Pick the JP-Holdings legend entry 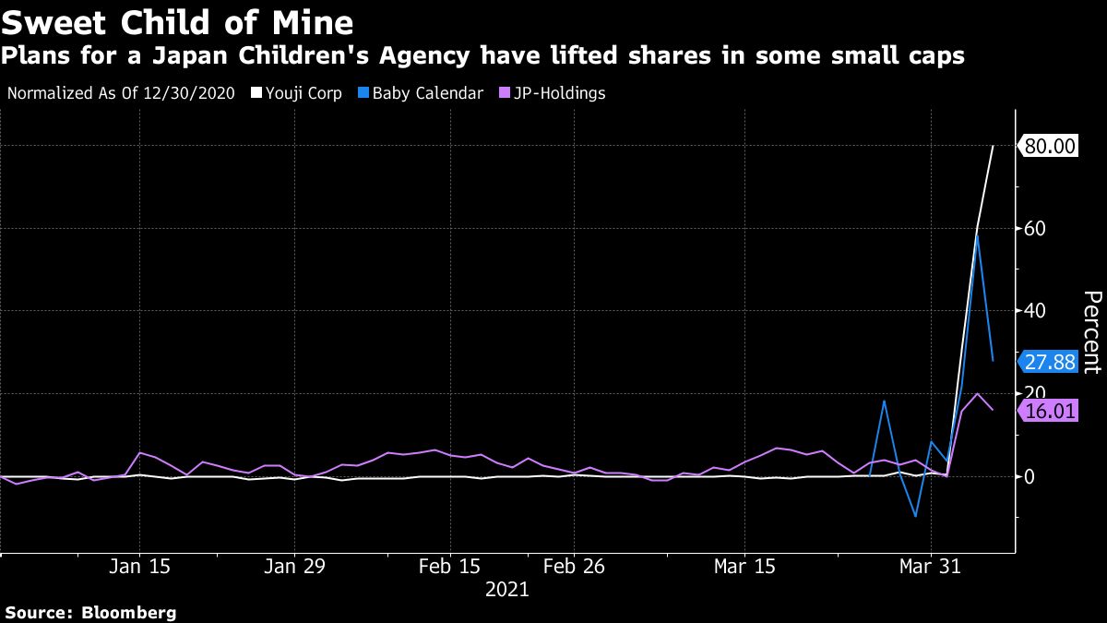(553, 93)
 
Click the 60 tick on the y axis (1035, 228)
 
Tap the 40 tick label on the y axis (1035, 310)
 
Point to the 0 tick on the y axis (1029, 476)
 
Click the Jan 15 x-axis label (139, 566)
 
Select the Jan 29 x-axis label (294, 566)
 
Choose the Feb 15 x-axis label (449, 566)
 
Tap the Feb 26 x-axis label (573, 566)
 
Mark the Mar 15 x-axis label (745, 566)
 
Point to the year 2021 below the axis (506, 589)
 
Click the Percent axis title (1091, 332)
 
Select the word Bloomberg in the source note (129, 612)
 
